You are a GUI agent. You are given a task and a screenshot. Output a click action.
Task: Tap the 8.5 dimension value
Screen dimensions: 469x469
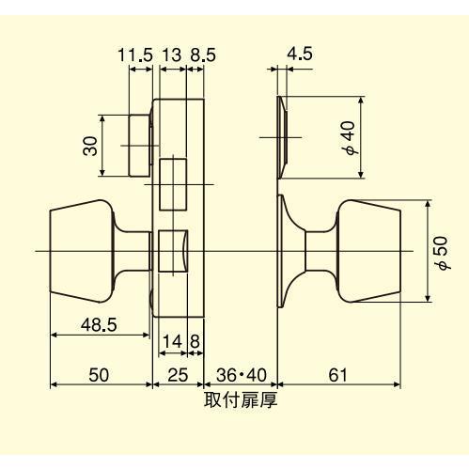click(202, 55)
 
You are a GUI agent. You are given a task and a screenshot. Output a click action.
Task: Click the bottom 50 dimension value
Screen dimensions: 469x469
click(99, 375)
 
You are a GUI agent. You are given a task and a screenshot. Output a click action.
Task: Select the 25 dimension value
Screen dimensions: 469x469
click(177, 375)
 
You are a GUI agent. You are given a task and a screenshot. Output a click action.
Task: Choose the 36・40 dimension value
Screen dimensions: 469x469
click(240, 375)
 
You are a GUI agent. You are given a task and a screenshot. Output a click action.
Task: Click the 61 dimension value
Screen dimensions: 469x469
click(338, 375)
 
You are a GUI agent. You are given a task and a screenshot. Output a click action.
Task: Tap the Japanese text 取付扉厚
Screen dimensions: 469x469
click(240, 400)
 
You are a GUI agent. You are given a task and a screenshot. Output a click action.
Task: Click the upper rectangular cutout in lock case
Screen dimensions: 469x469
click(174, 184)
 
